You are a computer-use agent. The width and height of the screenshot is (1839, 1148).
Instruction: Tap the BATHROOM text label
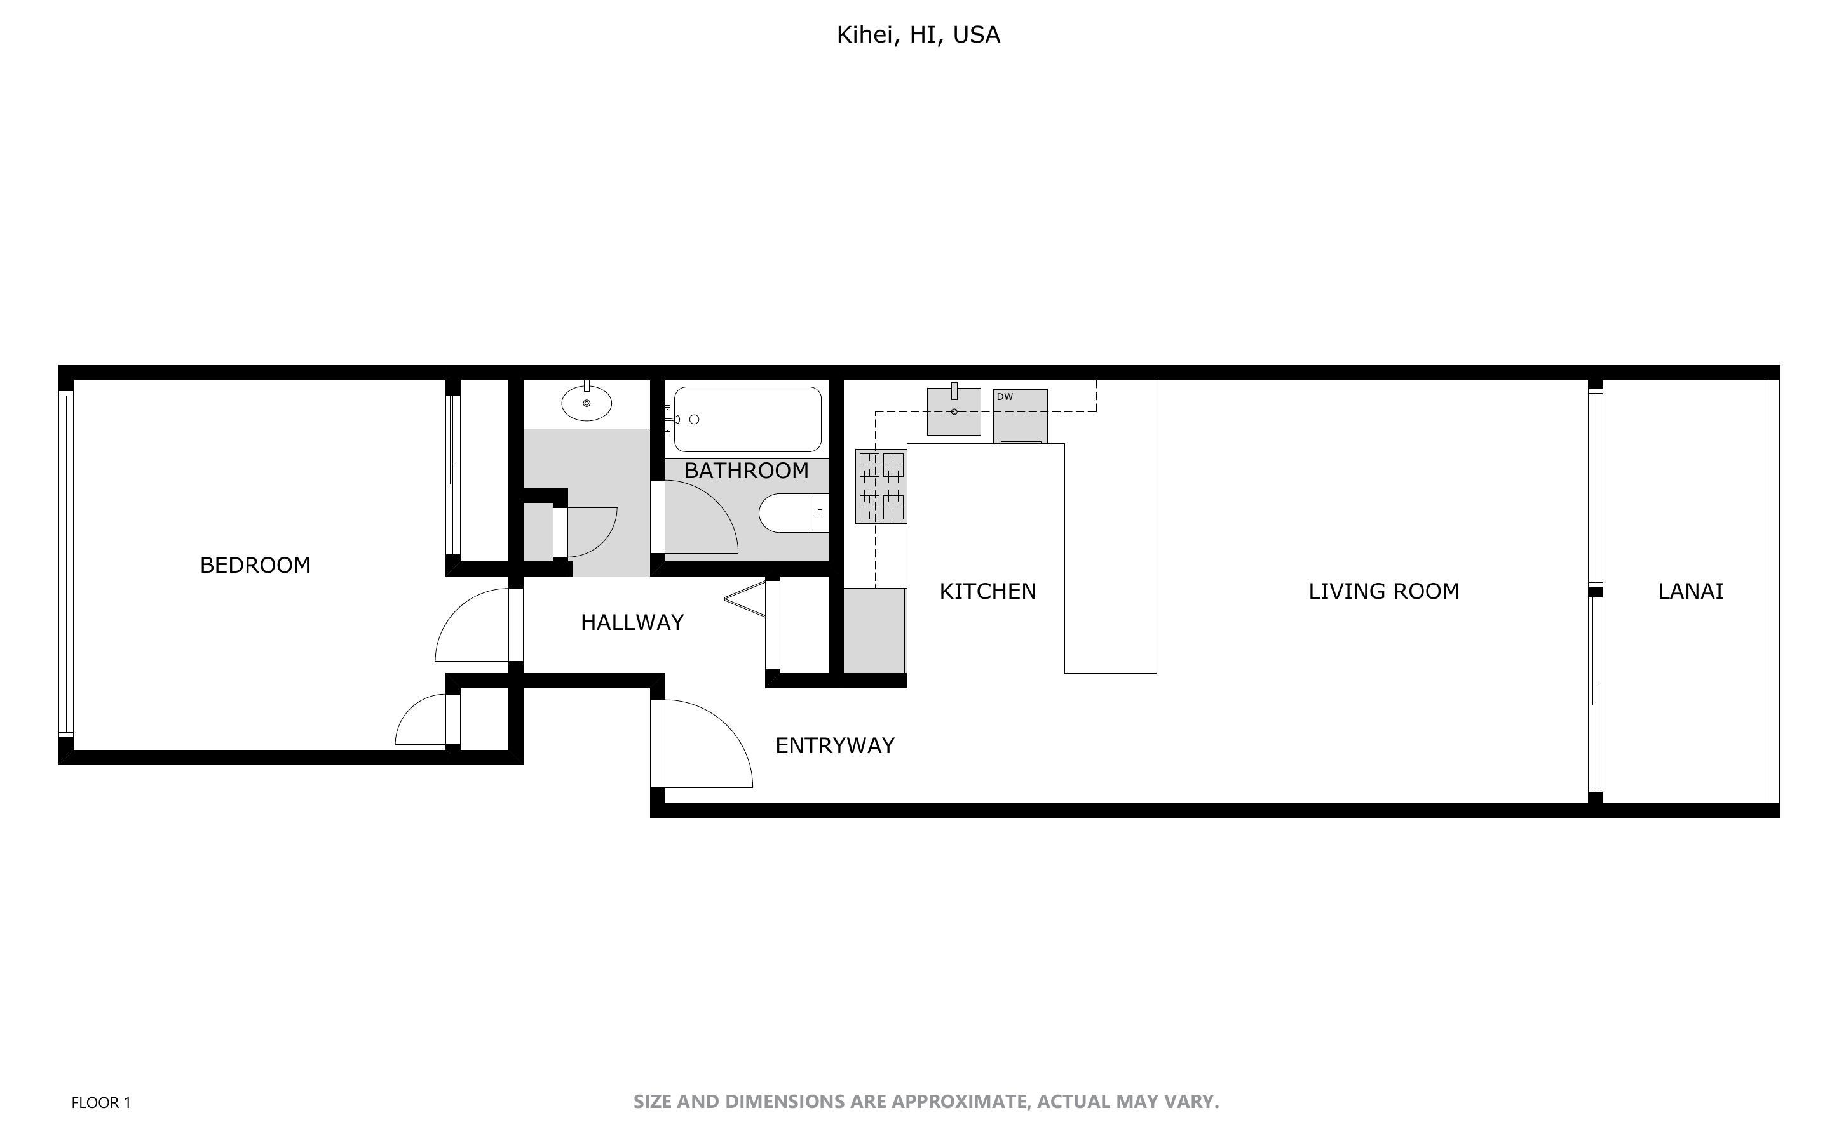(x=746, y=471)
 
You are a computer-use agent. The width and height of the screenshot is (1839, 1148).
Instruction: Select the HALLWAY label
(x=632, y=623)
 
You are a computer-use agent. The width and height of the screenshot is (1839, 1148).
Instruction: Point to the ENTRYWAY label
(x=834, y=745)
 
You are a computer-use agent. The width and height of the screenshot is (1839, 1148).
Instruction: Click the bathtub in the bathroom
(x=747, y=419)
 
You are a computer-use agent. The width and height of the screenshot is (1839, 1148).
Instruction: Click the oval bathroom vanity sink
(x=586, y=403)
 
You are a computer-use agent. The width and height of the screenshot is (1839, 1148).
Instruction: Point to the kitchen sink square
(x=953, y=411)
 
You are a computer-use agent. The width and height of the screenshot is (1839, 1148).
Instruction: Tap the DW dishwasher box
(x=1020, y=415)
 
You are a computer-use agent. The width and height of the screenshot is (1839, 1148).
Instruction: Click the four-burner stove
(x=880, y=486)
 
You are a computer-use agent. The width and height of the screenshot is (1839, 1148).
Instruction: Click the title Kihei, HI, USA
(x=918, y=35)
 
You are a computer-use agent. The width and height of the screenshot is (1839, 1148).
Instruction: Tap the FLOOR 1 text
(x=101, y=1102)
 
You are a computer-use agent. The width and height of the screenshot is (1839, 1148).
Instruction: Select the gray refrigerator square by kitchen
(x=874, y=630)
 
